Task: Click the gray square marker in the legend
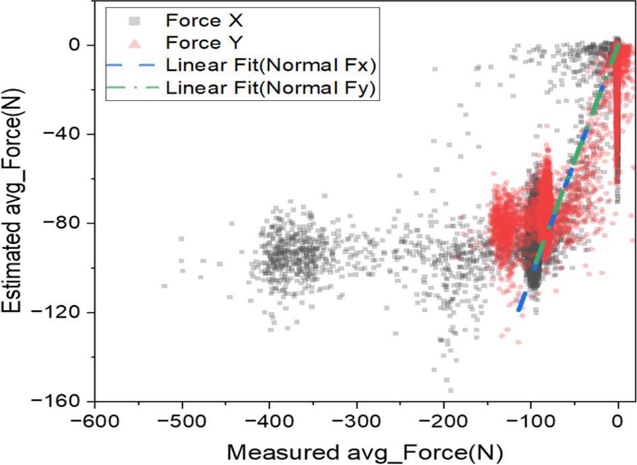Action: coord(135,22)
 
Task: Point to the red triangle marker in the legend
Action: coord(135,44)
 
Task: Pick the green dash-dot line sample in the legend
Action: coord(135,87)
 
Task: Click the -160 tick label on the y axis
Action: coord(62,401)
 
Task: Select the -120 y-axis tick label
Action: coord(62,312)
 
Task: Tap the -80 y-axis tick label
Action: coord(66,223)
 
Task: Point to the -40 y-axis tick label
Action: coord(66,134)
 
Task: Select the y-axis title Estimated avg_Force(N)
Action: coord(17,202)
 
